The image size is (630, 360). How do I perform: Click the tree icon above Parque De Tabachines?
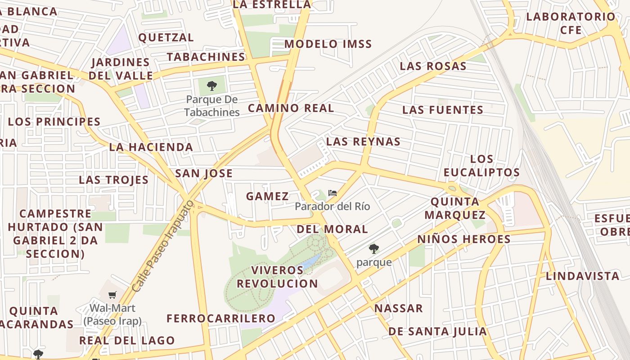coord(212,86)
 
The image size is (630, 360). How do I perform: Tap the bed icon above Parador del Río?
coord(333,193)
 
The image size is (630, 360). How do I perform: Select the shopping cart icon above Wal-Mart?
coord(112,295)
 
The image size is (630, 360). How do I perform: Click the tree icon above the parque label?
coord(373,249)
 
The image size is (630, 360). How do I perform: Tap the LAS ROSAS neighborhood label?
coord(433,66)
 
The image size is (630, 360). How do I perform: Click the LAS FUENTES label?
coord(443,110)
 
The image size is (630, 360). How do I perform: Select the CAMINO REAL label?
coord(291,108)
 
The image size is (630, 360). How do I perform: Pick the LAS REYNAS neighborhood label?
coord(363,141)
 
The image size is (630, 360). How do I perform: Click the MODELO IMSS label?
coord(328,44)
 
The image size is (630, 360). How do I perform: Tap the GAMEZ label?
coord(267,196)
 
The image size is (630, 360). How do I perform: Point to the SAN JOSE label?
coord(204,173)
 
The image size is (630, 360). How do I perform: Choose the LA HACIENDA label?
coord(151,147)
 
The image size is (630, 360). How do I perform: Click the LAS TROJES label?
coord(113,180)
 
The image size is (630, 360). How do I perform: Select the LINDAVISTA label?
coord(582,276)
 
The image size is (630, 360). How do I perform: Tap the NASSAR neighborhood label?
coord(399,308)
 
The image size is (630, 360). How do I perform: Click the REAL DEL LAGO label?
coord(127,340)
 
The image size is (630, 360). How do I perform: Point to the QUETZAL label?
coord(166,37)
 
